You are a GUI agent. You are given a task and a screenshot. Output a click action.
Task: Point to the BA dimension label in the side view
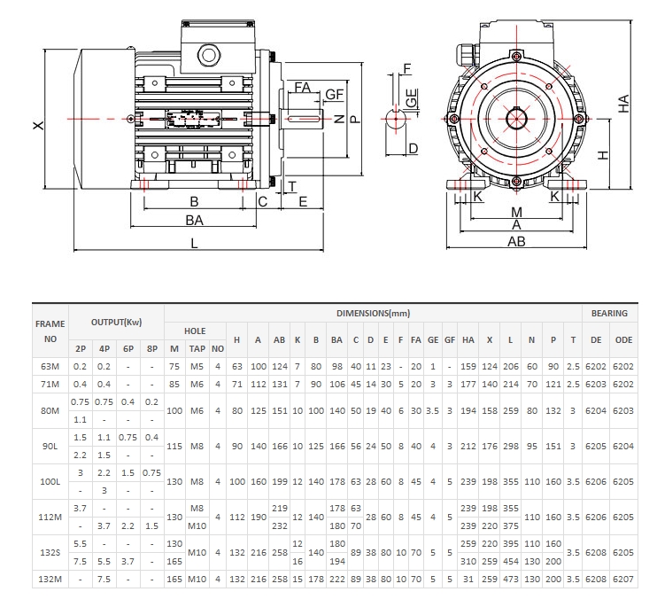194,220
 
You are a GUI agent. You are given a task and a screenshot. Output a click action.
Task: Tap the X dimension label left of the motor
37,126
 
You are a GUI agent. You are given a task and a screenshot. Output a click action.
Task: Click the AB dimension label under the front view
516,241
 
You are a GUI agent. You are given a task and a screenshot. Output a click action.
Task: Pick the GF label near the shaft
334,94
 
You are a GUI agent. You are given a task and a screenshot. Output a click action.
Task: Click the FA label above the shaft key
302,87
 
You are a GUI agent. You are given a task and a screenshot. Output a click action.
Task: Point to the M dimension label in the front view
517,212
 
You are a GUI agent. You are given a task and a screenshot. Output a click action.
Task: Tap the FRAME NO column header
50,331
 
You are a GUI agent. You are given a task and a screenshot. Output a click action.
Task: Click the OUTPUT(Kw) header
116,322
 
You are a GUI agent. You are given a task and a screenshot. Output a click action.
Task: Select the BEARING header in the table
610,313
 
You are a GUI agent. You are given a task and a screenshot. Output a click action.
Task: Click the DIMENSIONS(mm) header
373,314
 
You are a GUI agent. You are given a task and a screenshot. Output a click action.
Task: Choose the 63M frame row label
50,365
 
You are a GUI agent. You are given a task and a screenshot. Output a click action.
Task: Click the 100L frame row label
50,482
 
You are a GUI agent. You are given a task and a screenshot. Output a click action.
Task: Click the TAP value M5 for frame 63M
197,365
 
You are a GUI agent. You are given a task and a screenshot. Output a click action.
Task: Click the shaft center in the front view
517,119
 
